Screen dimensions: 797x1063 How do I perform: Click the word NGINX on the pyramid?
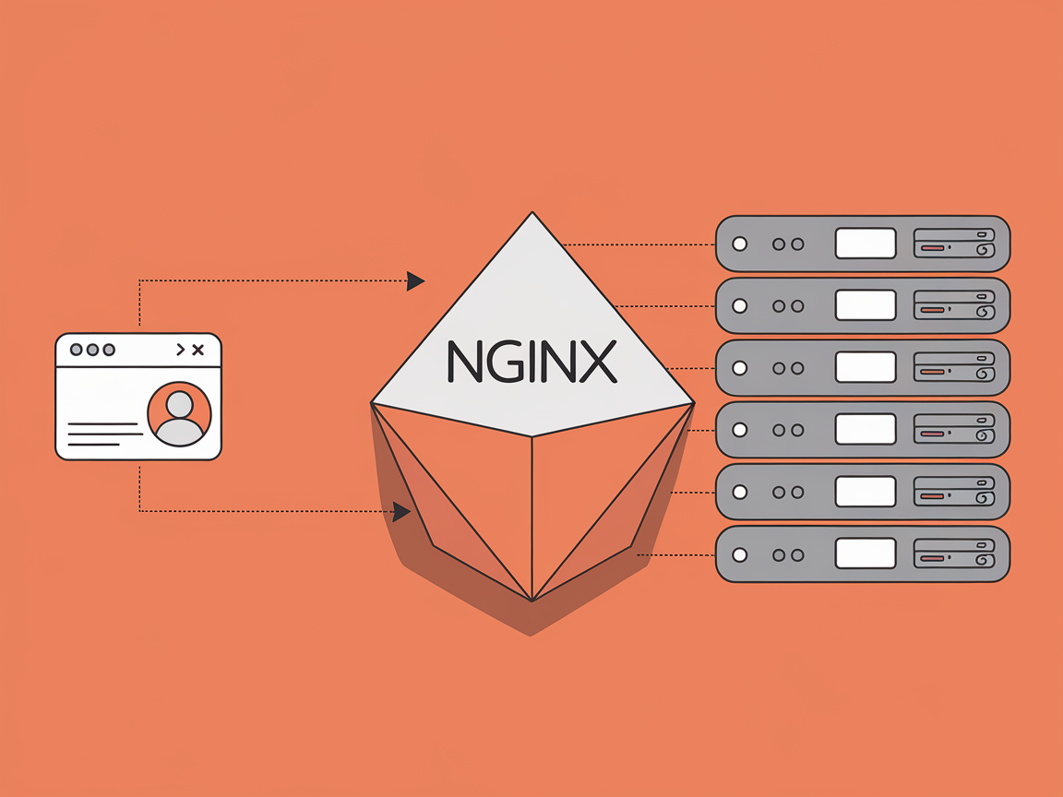point(531,362)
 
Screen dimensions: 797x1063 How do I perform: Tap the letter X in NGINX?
point(598,362)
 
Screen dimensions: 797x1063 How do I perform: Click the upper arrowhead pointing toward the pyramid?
point(416,280)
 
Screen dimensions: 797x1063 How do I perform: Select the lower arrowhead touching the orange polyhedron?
point(401,512)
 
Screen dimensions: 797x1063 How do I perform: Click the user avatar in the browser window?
point(179,414)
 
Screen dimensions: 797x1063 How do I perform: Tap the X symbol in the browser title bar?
point(197,350)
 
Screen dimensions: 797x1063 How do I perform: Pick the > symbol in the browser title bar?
point(180,350)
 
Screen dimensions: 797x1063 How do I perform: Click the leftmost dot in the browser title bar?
point(77,350)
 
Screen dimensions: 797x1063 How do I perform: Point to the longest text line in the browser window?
point(102,424)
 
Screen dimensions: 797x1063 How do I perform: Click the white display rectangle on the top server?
point(865,244)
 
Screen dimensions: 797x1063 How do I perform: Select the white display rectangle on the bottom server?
point(865,553)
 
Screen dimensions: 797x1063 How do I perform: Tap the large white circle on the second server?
point(739,305)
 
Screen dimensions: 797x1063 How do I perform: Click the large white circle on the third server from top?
point(739,367)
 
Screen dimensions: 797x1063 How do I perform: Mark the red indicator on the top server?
point(932,248)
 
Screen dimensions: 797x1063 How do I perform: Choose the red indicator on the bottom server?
point(932,558)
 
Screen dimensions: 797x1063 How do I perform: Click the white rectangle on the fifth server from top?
point(865,492)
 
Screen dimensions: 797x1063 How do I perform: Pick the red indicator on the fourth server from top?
point(932,434)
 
